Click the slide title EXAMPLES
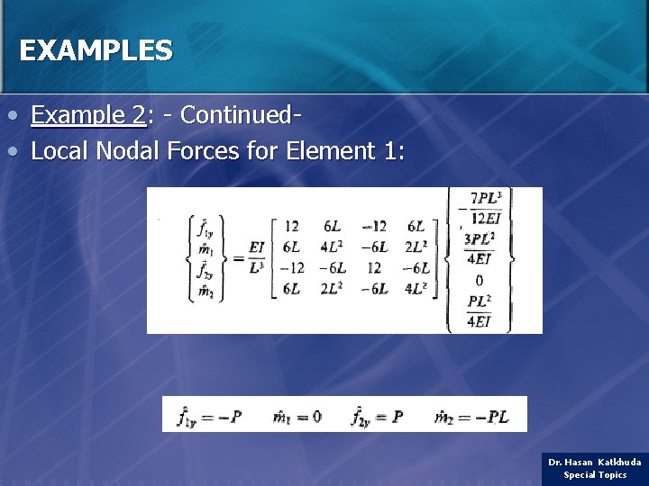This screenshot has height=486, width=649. coord(95,50)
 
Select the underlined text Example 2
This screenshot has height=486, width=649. coord(88,115)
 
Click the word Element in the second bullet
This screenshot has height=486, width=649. coord(329,150)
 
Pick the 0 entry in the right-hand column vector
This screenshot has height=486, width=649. coord(479,280)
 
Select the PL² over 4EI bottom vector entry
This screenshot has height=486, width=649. coord(479,310)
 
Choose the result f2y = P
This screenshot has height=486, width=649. coord(377,417)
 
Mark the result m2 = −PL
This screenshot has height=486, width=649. coord(471,417)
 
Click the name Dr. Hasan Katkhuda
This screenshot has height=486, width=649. coord(595,462)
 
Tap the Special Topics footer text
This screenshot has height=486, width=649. coord(595,475)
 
